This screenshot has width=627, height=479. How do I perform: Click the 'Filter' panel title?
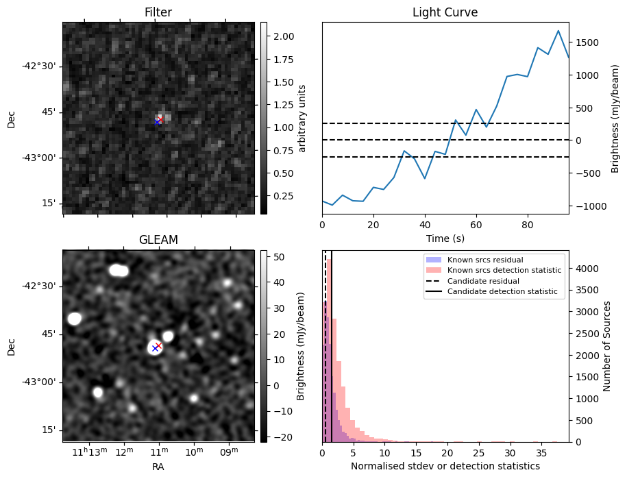click(x=158, y=12)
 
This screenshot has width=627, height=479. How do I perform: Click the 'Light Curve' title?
click(x=445, y=12)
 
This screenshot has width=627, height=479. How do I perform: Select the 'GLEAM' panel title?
click(x=158, y=240)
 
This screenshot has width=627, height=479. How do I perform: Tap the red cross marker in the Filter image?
click(x=160, y=119)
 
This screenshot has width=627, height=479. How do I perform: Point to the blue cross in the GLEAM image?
click(x=155, y=348)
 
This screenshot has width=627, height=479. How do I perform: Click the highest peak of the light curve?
click(x=558, y=31)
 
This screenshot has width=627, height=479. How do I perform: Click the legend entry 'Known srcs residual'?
click(x=485, y=260)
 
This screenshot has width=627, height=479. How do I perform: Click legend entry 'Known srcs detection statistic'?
click(x=504, y=271)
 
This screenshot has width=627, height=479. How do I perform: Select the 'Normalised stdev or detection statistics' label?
click(x=445, y=466)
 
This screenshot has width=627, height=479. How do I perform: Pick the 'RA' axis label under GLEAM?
click(x=158, y=467)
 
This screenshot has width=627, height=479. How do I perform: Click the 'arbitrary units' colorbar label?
click(x=302, y=118)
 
